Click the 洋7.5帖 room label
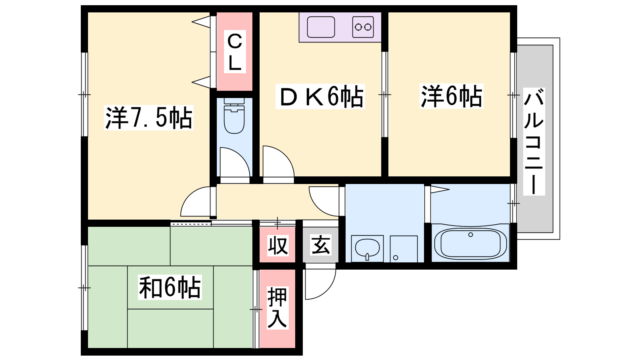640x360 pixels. click(149, 118)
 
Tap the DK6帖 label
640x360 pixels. click(320, 96)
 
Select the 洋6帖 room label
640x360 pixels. click(452, 96)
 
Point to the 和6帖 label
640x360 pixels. click(170, 287)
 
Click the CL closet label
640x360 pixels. click(235, 52)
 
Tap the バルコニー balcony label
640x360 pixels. click(534, 142)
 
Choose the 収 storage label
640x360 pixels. click(278, 245)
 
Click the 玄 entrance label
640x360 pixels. click(320, 245)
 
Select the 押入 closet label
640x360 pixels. click(278, 308)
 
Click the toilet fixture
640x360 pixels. click(234, 116)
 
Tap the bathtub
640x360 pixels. click(470, 244)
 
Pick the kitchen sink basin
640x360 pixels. click(321, 27)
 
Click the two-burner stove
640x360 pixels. click(363, 27)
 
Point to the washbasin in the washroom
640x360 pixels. click(367, 248)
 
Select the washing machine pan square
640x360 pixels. click(404, 248)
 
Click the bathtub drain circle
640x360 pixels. click(470, 234)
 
